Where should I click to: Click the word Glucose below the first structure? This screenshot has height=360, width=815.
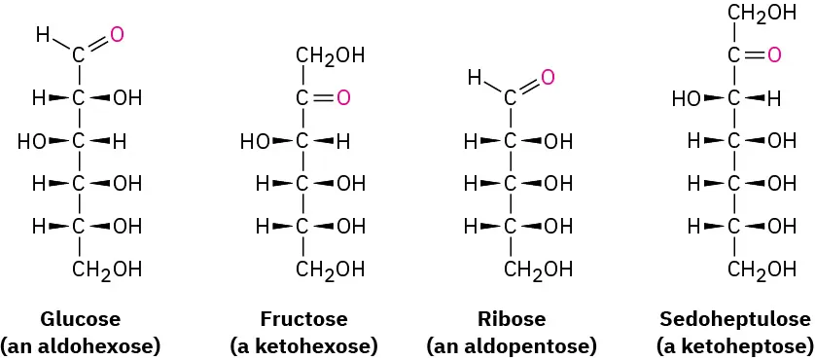(x=80, y=319)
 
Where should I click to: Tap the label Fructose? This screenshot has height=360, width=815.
(x=303, y=319)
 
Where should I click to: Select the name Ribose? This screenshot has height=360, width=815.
(x=512, y=319)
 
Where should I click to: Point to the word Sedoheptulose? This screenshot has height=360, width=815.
(x=734, y=319)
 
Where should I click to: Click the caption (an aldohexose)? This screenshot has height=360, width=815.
(x=80, y=345)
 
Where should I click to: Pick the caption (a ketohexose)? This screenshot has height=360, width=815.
(x=303, y=345)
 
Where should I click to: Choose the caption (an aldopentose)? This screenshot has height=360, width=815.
(x=512, y=345)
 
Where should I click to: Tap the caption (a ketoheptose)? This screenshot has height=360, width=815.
(x=734, y=345)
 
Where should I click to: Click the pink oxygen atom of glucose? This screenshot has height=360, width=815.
(x=117, y=35)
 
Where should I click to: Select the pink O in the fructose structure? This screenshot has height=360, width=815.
(x=341, y=97)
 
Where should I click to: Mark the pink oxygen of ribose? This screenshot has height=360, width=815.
(x=548, y=77)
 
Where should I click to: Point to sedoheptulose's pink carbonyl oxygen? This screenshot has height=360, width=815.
(x=774, y=55)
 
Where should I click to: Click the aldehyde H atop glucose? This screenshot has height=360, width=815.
(x=43, y=35)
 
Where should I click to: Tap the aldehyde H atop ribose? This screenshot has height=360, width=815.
(x=474, y=77)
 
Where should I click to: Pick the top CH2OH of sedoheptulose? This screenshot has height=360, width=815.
(x=762, y=14)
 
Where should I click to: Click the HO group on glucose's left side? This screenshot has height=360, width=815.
(x=31, y=141)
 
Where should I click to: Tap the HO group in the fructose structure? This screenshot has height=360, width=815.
(x=255, y=141)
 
